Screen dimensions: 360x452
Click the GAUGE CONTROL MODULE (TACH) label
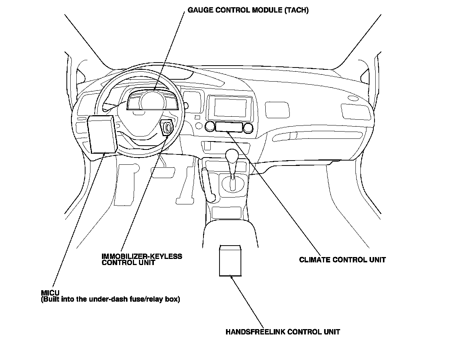248,10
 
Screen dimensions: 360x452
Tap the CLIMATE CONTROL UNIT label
342,260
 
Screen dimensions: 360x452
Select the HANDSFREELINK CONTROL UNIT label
282,331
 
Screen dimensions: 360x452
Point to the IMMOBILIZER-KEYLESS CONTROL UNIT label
142,259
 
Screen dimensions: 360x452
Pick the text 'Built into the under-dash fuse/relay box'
110,299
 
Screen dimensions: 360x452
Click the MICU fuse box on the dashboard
101,134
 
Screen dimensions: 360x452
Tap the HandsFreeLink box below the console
230,260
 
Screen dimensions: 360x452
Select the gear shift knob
232,155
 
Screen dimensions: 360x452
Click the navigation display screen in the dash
230,108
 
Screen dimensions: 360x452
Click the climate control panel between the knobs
228,127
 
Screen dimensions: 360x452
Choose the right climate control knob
248,127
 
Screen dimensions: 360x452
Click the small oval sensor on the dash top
353,98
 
